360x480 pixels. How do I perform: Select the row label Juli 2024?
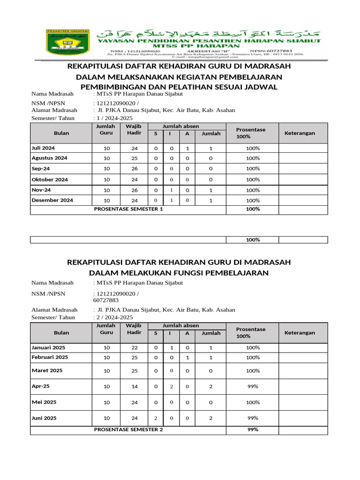click(x=43, y=148)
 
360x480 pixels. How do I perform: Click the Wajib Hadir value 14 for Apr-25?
click(x=134, y=387)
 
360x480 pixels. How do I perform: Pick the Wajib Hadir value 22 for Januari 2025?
click(x=134, y=348)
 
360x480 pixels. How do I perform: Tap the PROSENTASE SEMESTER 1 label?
click(x=128, y=209)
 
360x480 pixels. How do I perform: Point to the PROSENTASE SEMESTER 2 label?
click(x=128, y=429)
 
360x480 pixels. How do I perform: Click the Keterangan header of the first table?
click(x=300, y=133)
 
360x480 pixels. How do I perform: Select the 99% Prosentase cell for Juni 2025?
click(x=253, y=418)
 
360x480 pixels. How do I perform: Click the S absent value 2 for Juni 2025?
click(x=155, y=418)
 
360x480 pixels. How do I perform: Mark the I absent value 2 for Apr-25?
click(x=172, y=387)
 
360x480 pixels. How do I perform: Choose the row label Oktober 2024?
click(x=50, y=180)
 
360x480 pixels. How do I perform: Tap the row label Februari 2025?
click(x=50, y=357)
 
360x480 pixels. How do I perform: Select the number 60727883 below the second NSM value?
click(x=106, y=300)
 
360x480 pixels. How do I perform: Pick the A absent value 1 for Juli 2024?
click(x=187, y=149)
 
